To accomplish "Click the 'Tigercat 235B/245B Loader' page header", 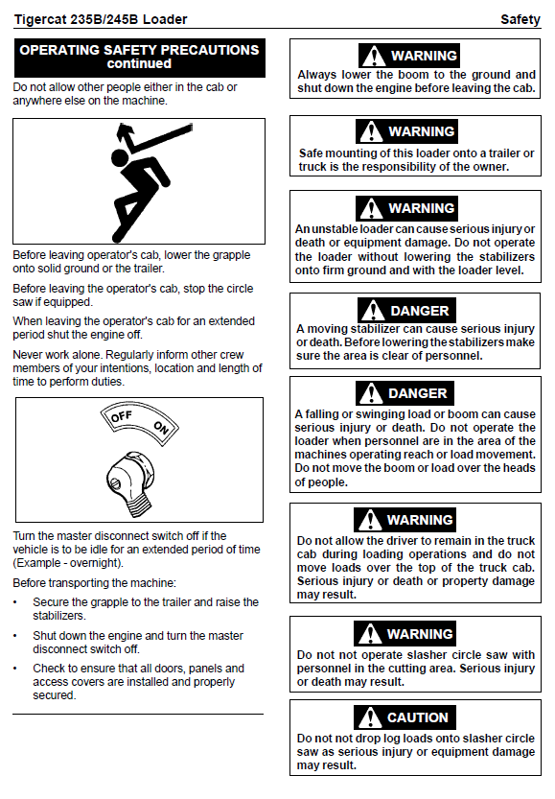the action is (101, 19).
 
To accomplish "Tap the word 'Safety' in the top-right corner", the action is (520, 19).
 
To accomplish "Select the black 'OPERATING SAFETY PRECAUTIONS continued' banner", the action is (140, 58).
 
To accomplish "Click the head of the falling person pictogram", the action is (120, 156).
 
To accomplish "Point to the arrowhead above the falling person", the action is (124, 131).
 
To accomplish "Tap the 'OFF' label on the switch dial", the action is (122, 417).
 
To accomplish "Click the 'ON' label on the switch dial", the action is (161, 428).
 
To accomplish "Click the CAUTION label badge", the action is (405, 717).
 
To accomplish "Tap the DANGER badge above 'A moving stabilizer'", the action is (406, 311).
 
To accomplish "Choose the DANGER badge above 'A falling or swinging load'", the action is (405, 393).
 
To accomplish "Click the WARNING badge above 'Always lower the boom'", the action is (409, 55).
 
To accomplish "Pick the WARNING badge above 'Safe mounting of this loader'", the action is (406, 131).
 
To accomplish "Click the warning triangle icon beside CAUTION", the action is (370, 717).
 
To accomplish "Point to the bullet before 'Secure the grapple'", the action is (15, 602).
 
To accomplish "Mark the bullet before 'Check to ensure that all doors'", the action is (15, 669).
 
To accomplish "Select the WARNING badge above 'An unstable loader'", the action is (406, 208).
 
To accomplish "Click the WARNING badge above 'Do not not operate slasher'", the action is (405, 633).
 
